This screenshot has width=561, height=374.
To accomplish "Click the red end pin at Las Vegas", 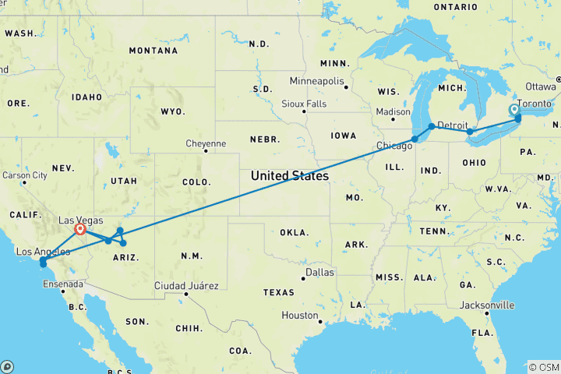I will point(79,229).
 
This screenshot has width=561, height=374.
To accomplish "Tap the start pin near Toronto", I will point(514,110).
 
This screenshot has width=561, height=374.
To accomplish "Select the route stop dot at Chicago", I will point(415,139).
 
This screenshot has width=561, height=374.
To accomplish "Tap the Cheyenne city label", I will point(206,143).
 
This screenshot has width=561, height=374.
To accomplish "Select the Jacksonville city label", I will point(485,305).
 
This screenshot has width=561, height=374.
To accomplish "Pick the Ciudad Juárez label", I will point(187,284).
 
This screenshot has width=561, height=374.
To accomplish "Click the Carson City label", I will point(26,175).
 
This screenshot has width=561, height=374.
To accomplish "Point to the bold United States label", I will point(289,176).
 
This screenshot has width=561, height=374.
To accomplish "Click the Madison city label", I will point(393,111).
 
